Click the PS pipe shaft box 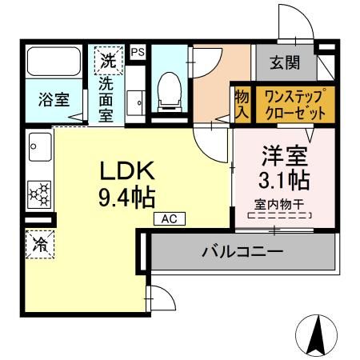pos(137,50)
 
